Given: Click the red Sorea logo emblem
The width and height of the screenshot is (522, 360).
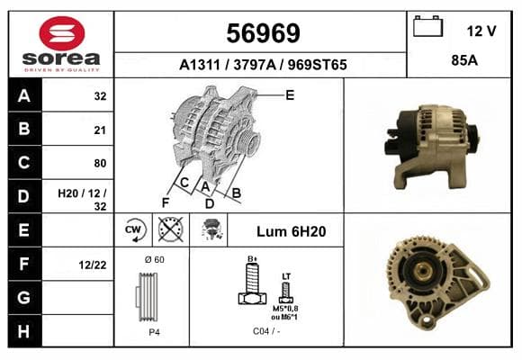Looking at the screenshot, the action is [x=62, y=33].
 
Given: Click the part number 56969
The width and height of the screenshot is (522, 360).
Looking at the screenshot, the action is [x=263, y=33].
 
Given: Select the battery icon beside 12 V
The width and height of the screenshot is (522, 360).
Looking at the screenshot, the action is [x=427, y=26].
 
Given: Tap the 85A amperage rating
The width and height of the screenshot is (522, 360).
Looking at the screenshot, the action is [x=464, y=60].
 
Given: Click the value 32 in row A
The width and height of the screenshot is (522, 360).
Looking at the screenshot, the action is [x=100, y=96].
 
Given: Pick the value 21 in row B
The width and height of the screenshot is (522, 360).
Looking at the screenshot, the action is [x=100, y=130].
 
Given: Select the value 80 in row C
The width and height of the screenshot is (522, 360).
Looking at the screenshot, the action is [x=100, y=163].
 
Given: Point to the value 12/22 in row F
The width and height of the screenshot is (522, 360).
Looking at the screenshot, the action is [x=93, y=265].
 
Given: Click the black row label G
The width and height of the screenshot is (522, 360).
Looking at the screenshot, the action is [x=24, y=297].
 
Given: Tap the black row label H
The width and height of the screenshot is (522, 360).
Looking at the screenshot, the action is [x=24, y=331].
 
